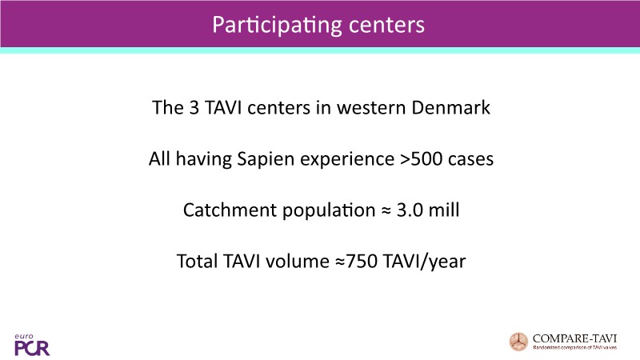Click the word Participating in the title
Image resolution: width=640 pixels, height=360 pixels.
(x=276, y=26)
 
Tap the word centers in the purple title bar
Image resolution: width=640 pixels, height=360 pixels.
(x=386, y=26)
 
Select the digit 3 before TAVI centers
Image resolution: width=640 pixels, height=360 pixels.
(x=194, y=108)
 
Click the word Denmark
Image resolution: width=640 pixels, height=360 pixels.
(x=450, y=108)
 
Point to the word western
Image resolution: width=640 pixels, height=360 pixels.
(x=370, y=109)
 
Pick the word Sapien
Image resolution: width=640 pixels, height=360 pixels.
(x=266, y=159)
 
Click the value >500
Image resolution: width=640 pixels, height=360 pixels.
(x=421, y=158)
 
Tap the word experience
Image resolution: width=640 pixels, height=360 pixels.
(x=347, y=159)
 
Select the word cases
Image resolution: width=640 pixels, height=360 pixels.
(x=470, y=159)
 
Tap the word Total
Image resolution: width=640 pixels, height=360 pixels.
(x=197, y=262)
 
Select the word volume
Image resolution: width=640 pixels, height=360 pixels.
(x=298, y=262)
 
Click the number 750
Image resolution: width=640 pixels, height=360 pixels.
(x=362, y=262)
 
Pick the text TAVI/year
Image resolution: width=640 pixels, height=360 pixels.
(x=424, y=262)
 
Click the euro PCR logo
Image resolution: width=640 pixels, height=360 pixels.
(x=32, y=346)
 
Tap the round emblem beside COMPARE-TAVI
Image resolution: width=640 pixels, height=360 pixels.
(x=518, y=342)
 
